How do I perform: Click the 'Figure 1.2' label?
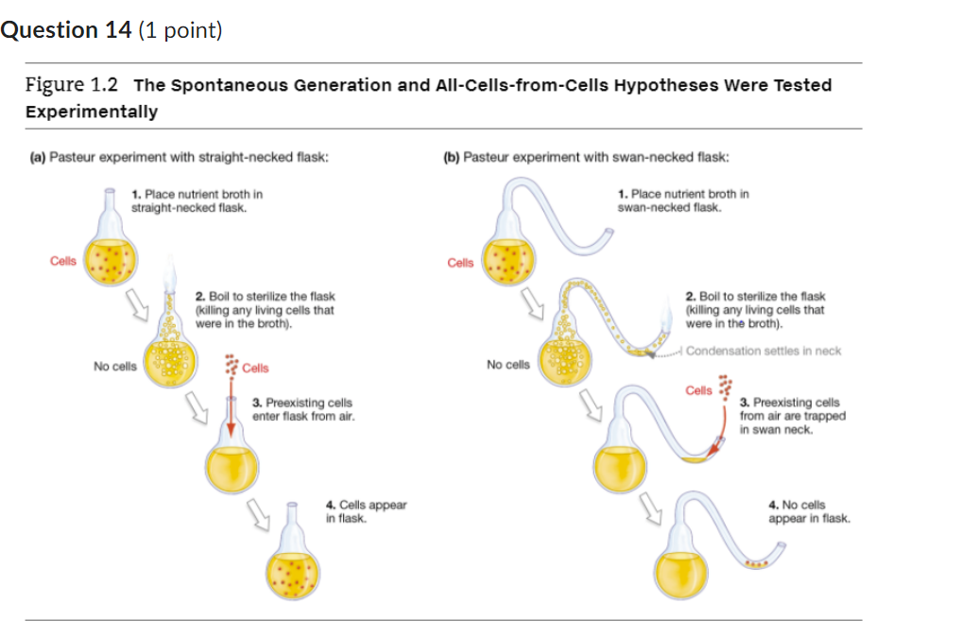[72, 85]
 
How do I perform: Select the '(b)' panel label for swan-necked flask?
[453, 157]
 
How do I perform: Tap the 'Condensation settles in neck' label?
[763, 351]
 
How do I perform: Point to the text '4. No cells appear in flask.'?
[809, 511]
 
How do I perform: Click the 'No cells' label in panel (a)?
[114, 366]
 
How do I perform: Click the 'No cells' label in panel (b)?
[507, 364]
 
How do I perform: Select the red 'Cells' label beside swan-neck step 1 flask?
[460, 262]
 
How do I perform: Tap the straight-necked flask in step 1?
[111, 255]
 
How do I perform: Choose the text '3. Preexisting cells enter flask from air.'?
[303, 409]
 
